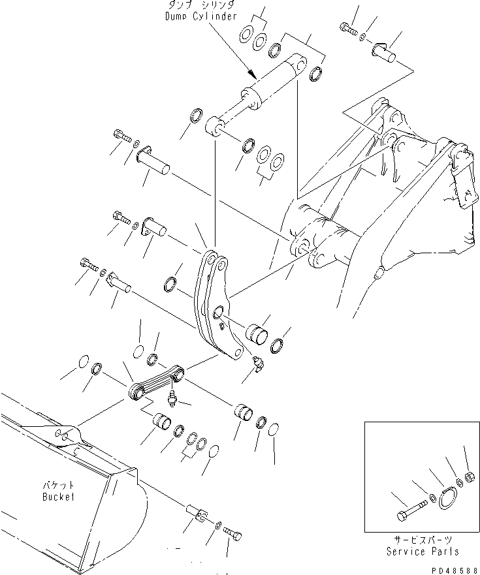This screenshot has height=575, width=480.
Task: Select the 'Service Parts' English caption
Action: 422,552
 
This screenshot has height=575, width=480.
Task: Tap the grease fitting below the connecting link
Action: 172,398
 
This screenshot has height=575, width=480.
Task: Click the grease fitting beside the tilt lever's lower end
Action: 257,365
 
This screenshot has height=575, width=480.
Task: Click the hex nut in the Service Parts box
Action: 470,476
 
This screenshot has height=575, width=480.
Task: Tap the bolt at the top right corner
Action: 346,28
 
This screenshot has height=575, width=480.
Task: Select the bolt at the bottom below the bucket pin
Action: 234,534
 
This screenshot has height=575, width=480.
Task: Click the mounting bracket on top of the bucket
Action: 65,435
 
